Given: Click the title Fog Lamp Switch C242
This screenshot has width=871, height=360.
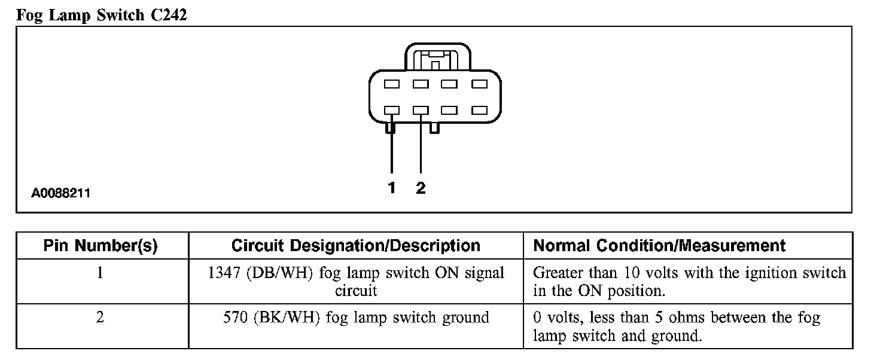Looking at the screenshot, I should click(x=102, y=15).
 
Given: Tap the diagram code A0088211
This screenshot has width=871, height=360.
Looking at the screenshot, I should click(x=62, y=194).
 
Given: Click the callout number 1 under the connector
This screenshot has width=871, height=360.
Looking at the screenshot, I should click(x=392, y=188).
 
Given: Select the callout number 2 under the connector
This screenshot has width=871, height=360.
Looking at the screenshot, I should click(x=421, y=188).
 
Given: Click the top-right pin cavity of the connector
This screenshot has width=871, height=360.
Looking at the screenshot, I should click(x=479, y=84).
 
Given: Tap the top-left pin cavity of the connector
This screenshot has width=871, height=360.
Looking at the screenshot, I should click(x=392, y=84).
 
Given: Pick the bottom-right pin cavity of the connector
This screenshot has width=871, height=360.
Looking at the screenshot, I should click(x=479, y=111).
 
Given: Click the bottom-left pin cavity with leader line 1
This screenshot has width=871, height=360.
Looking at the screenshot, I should click(x=392, y=111).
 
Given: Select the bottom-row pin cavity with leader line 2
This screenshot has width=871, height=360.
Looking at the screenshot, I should click(x=421, y=111).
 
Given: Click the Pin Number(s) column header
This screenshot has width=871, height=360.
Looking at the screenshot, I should click(x=100, y=246).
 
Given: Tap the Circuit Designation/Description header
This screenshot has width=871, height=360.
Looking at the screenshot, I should click(x=355, y=246).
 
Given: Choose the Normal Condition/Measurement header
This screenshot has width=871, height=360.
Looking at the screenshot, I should click(x=659, y=246).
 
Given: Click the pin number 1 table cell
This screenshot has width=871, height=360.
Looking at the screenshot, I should click(x=100, y=273).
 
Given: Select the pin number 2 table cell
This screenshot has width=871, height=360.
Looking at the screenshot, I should click(x=100, y=318).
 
